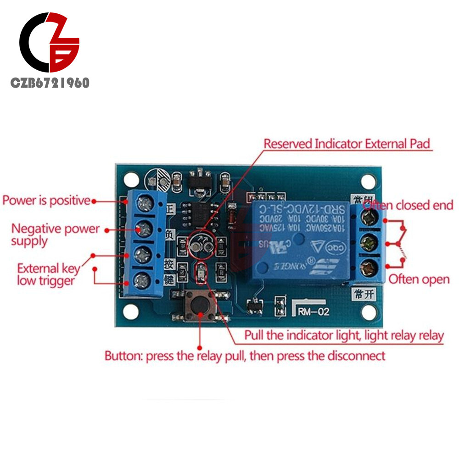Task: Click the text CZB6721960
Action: click(x=50, y=83)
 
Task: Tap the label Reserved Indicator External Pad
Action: click(x=347, y=144)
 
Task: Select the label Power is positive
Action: click(x=46, y=201)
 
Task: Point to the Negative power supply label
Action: click(x=55, y=234)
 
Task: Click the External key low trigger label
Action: click(x=48, y=274)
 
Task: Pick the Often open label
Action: click(x=419, y=279)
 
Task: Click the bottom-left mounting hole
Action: click(x=131, y=313)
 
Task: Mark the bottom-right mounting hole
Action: click(x=369, y=312)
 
